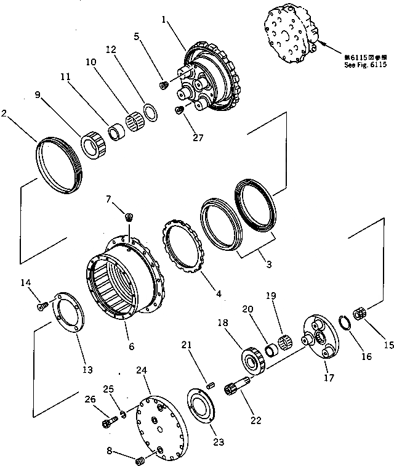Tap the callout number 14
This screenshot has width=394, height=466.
coord(26,283)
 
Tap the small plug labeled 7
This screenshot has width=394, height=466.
coord(129,216)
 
